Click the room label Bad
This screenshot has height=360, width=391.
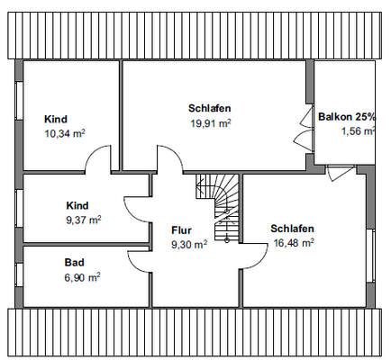tap(74, 262)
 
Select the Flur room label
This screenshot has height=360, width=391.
tap(182, 229)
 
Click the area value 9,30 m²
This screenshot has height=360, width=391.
tap(189, 243)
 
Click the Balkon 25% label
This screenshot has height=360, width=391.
tap(347, 116)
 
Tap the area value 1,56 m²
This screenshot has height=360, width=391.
tap(358, 131)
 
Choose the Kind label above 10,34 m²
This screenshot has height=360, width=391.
tap(56, 118)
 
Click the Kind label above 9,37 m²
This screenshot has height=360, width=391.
tap(77, 204)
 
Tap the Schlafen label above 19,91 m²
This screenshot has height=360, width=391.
tap(209, 108)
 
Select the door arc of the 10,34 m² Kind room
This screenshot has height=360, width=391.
tap(99, 162)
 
